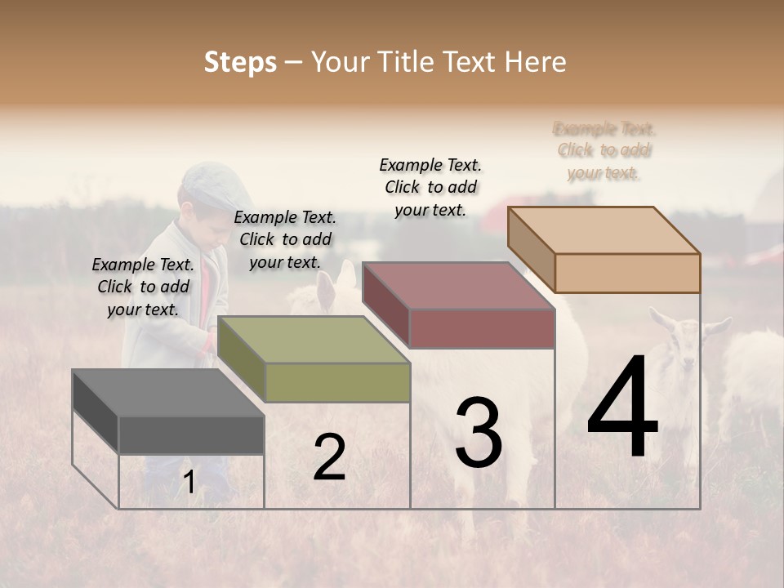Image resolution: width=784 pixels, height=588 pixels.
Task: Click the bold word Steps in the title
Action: (x=240, y=62)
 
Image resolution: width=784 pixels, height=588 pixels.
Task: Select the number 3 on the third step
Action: (x=478, y=433)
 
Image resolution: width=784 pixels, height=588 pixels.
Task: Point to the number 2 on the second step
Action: (x=329, y=457)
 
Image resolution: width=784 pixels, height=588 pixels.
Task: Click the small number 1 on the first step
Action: (x=189, y=483)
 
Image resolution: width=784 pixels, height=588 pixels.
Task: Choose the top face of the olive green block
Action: (x=314, y=339)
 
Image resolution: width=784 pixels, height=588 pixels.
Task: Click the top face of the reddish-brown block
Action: (x=457, y=286)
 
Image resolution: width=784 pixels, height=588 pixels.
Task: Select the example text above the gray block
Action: (x=143, y=287)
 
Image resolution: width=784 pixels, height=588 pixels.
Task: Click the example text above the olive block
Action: (x=285, y=239)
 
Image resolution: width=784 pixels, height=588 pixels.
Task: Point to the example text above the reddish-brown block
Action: (x=430, y=187)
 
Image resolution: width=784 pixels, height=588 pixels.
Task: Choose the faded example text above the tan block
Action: (x=604, y=151)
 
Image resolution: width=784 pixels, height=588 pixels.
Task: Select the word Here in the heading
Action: (x=537, y=62)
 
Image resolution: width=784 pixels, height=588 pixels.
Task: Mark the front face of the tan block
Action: (x=627, y=273)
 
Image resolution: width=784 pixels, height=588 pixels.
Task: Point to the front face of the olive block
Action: (x=337, y=382)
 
